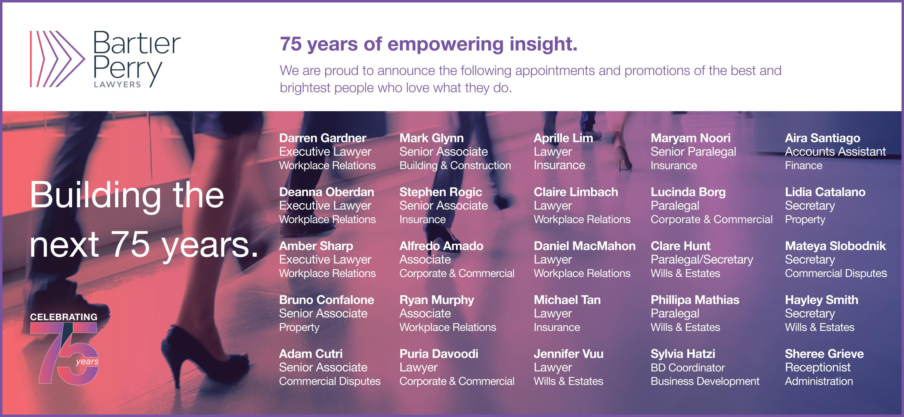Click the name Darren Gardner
323,138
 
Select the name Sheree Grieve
824,353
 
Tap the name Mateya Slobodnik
835,246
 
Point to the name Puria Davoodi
439,353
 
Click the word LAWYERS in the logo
117,84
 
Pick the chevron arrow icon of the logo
57,59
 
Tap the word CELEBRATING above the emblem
64,317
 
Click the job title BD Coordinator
687,368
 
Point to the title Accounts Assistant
835,151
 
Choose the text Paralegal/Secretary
702,260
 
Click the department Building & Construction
455,166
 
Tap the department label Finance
804,166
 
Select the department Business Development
705,381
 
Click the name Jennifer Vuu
568,353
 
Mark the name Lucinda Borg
688,192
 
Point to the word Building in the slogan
95,195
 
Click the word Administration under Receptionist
819,381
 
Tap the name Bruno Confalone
326,300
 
